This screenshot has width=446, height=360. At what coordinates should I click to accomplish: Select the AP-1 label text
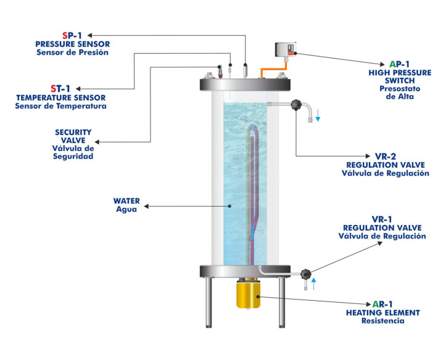(399, 63)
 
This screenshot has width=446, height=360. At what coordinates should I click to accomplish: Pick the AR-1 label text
(382, 304)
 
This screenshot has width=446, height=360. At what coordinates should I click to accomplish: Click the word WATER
(126, 200)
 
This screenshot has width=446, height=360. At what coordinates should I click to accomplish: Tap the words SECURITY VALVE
(73, 136)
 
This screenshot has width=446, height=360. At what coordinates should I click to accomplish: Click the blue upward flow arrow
(313, 284)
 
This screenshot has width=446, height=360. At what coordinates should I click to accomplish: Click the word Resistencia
(382, 321)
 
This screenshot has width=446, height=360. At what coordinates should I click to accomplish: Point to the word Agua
(126, 209)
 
